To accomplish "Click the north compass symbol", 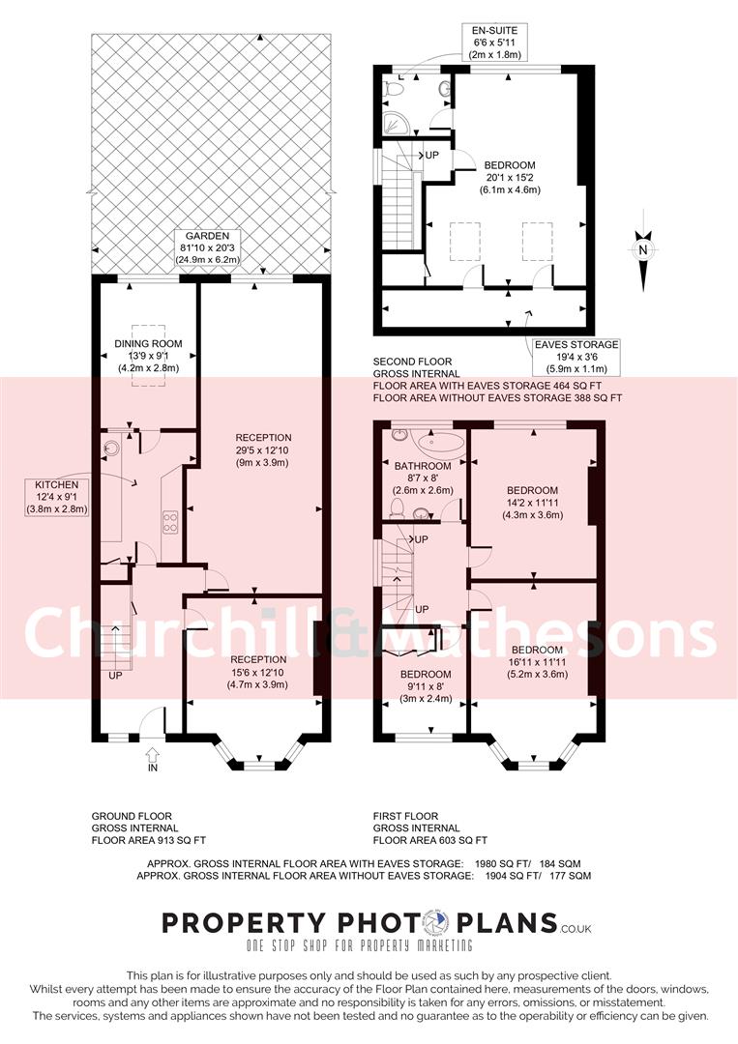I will [643, 250].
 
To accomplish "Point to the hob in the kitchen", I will [169, 523].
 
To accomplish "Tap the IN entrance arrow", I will [151, 757].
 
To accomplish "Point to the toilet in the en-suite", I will [395, 89].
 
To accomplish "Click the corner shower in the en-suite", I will [391, 123].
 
